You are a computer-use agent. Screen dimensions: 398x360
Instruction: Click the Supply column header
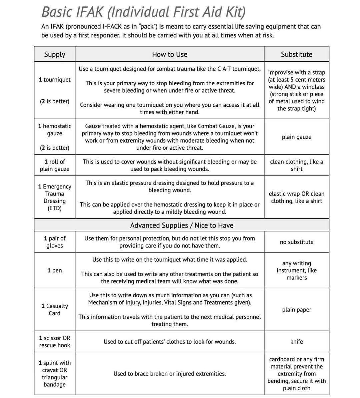pyautogui.click(x=55, y=54)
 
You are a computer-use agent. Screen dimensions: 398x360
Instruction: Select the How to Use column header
pyautogui.click(x=169, y=54)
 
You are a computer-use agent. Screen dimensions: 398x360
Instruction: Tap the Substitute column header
pyautogui.click(x=296, y=54)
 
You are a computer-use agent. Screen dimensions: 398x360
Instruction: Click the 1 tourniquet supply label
pyautogui.click(x=55, y=80)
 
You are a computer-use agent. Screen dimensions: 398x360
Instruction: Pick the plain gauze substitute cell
pyautogui.click(x=296, y=137)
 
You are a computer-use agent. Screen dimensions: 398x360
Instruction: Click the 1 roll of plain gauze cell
pyautogui.click(x=55, y=165)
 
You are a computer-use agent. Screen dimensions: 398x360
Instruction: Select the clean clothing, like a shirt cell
pyautogui.click(x=296, y=165)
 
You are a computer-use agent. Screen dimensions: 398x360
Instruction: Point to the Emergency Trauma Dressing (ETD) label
pyautogui.click(x=55, y=197)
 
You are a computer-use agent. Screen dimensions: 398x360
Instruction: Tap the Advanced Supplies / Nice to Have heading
pyautogui.click(x=182, y=225)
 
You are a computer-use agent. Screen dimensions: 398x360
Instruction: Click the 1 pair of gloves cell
pyautogui.click(x=55, y=242)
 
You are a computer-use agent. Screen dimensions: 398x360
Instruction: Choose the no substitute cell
pyautogui.click(x=296, y=242)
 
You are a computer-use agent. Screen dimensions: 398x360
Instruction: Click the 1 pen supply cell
pyautogui.click(x=55, y=270)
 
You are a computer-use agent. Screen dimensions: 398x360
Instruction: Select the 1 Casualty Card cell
pyautogui.click(x=55, y=309)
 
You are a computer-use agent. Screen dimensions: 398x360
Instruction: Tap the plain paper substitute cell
pyautogui.click(x=296, y=310)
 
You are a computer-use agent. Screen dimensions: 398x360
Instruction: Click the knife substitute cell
pyautogui.click(x=296, y=342)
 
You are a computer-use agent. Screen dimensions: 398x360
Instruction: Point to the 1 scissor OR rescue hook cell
pyautogui.click(x=55, y=342)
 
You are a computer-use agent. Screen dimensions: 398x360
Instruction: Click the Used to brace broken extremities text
pyautogui.click(x=169, y=374)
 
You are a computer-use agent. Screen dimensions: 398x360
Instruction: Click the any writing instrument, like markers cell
pyautogui.click(x=296, y=270)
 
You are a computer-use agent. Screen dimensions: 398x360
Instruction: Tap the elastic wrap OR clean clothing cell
pyautogui.click(x=296, y=197)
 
